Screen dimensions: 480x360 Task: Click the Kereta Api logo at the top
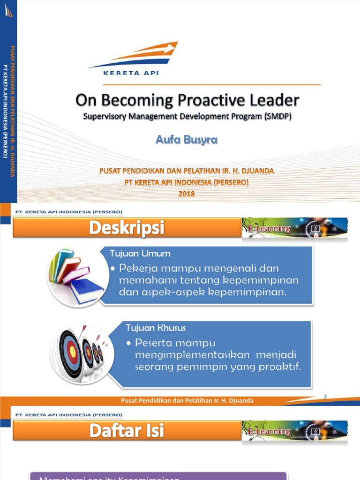[133, 58]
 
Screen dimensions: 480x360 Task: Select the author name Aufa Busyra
[187, 140]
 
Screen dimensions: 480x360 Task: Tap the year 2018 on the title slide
[186, 194]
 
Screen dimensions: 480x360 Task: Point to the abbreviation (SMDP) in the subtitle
[276, 117]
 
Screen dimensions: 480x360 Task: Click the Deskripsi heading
[127, 228]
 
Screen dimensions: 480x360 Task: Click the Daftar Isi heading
[127, 431]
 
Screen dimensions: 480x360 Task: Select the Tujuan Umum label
[140, 254]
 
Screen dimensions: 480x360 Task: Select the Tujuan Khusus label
[156, 328]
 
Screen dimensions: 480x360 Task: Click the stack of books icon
[75, 275]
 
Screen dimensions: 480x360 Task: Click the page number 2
[325, 397]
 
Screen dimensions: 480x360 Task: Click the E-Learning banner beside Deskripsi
[294, 228]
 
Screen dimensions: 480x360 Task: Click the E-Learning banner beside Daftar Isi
[294, 431]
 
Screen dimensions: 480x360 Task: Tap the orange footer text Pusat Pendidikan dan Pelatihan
[187, 400]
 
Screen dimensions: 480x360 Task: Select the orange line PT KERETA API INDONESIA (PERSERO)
[186, 183]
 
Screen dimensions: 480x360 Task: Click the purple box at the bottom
[158, 475]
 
